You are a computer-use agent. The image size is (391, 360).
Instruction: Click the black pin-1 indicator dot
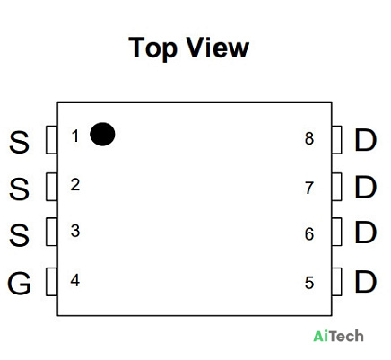102,134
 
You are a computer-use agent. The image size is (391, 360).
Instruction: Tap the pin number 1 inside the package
75,136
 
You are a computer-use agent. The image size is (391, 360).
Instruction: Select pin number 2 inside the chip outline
75,185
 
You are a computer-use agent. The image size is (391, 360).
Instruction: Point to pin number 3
75,231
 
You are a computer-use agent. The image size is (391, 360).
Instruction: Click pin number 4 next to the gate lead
75,280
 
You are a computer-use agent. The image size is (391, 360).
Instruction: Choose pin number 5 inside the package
309,283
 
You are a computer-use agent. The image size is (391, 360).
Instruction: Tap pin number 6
309,234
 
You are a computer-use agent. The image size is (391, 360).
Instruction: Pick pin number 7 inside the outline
309,188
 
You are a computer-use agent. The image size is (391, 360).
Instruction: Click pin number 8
309,138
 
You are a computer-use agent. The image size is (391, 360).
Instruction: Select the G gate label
19,283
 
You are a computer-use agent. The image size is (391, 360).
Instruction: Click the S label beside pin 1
20,142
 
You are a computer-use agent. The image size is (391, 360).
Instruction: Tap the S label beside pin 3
20,235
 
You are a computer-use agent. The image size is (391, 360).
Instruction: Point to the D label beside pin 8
365,140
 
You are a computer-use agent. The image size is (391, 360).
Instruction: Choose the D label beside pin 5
365,282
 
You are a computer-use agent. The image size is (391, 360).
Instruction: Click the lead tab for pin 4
51,282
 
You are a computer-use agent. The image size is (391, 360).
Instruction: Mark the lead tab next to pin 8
337,140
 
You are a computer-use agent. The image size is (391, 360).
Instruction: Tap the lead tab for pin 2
51,187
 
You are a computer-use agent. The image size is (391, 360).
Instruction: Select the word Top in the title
152,48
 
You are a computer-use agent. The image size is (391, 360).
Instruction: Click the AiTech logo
338,336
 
